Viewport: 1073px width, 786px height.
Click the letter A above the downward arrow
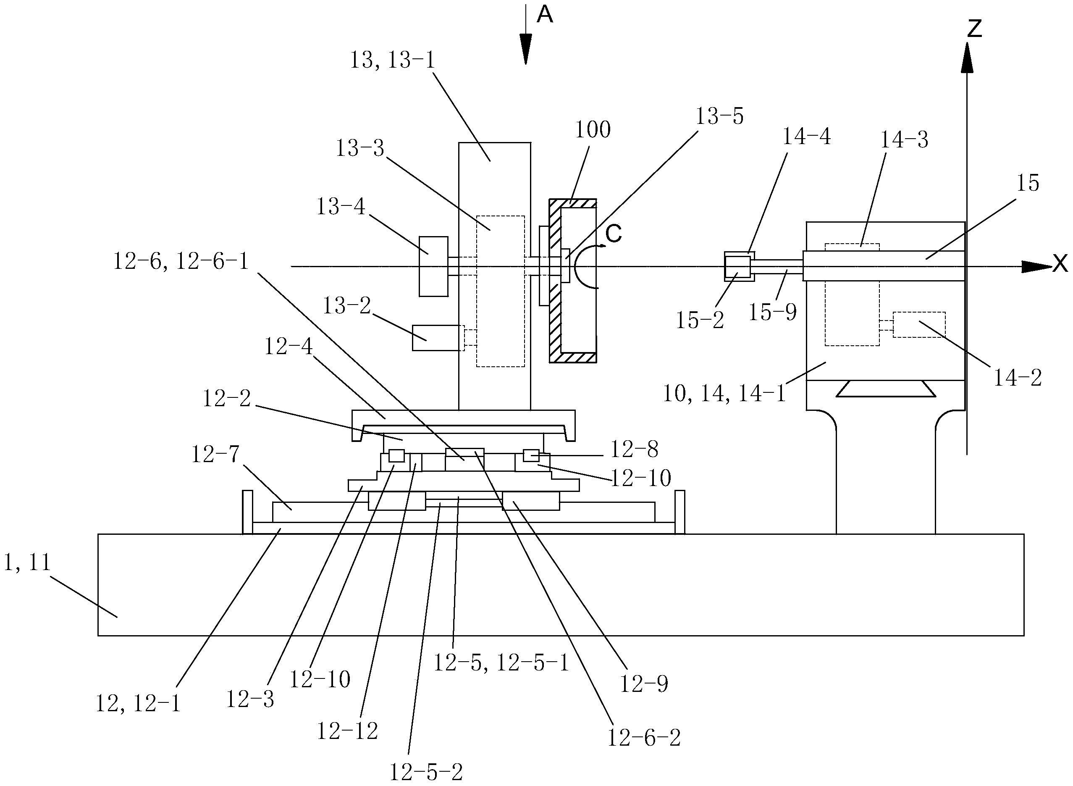point(545,15)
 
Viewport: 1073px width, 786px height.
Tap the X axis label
point(1060,263)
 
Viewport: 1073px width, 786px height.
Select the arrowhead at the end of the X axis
point(1037,267)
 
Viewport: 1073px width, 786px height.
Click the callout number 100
point(593,129)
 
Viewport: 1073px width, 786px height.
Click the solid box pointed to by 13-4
point(433,266)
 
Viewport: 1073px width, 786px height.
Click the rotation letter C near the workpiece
point(614,234)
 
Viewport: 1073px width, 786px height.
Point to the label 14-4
point(807,137)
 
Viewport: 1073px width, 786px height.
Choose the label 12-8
point(634,449)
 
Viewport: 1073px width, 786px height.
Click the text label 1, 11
point(27,563)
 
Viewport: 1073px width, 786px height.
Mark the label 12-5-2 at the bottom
point(426,772)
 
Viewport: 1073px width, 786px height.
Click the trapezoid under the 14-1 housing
point(886,389)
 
